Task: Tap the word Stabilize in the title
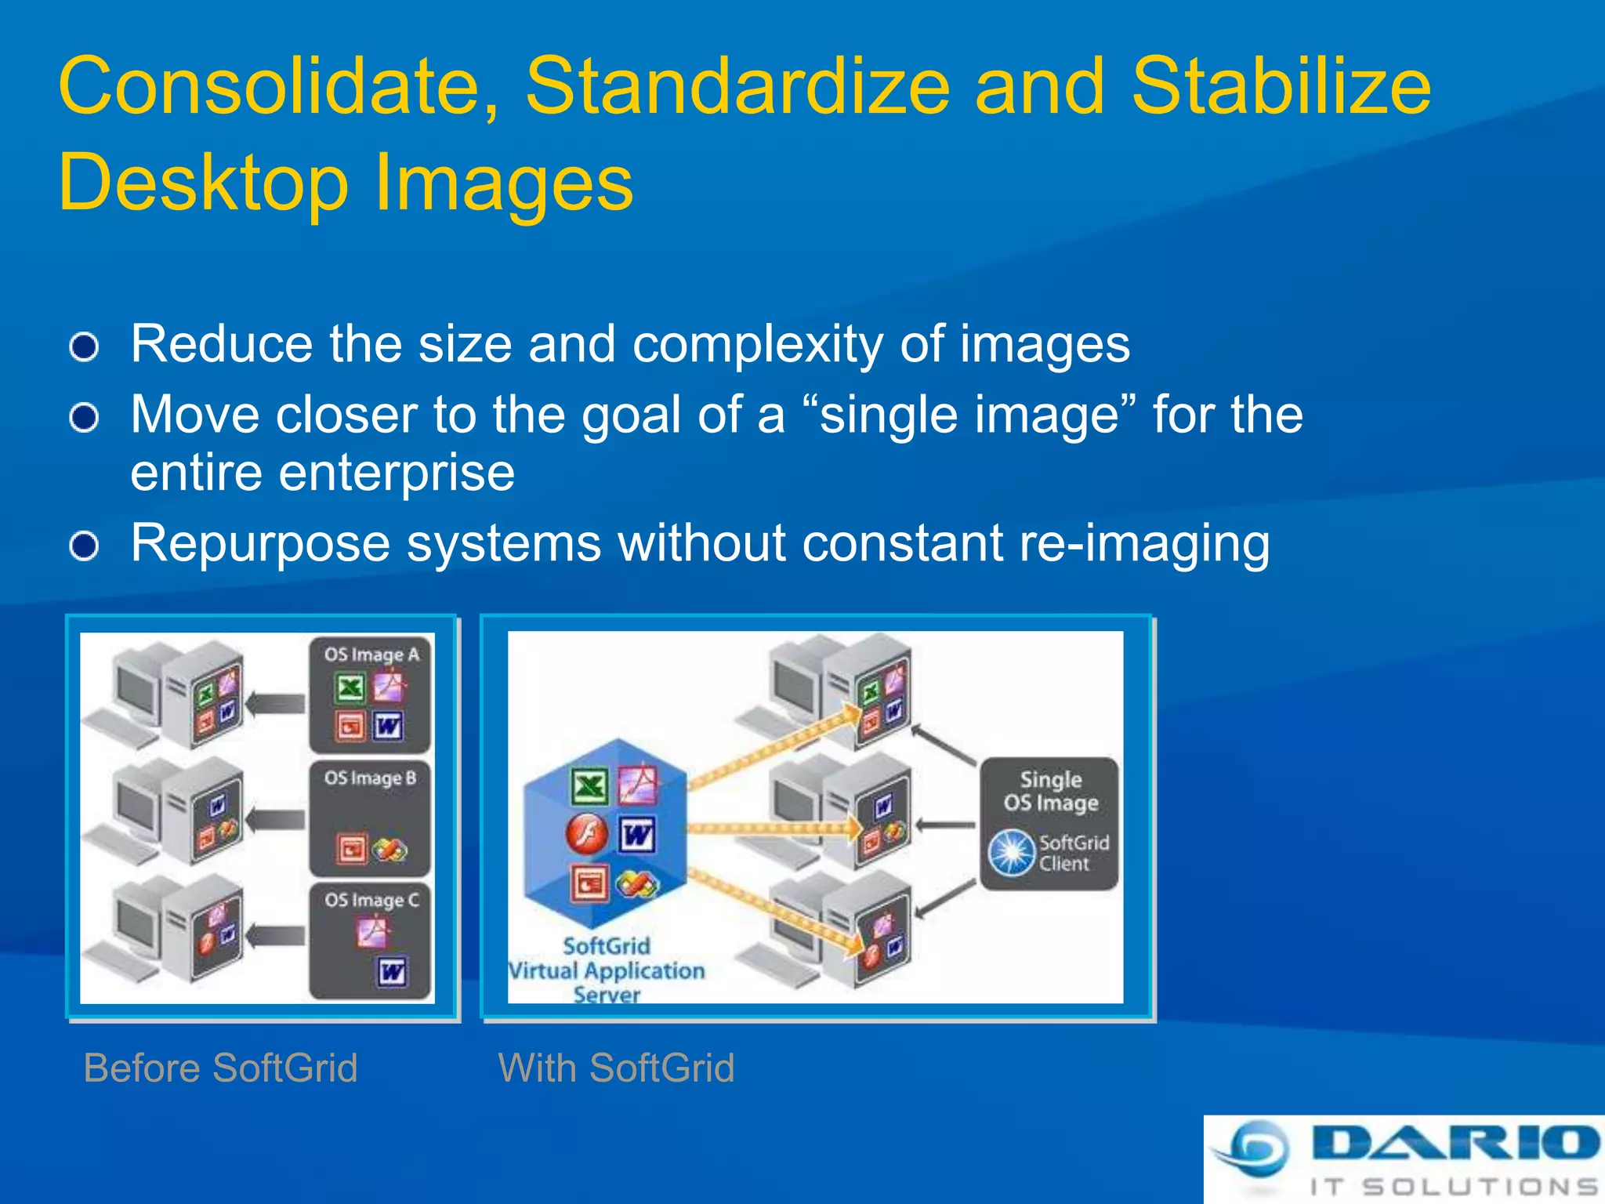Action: tap(1281, 86)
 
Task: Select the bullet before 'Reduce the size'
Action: tap(84, 346)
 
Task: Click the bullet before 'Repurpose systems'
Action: tap(84, 546)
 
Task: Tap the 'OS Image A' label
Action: tap(371, 655)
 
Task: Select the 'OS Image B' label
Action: tap(370, 778)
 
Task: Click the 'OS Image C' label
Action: tap(371, 900)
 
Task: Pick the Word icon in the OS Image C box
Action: tap(391, 972)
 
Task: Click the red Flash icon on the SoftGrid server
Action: tap(587, 833)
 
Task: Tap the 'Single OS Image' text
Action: tap(1050, 791)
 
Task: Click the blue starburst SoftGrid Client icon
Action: tap(1012, 853)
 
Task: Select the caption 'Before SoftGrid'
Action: tap(220, 1068)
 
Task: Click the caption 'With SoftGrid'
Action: tap(616, 1068)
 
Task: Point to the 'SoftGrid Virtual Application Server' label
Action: tap(607, 970)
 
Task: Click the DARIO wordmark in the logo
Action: tap(1454, 1142)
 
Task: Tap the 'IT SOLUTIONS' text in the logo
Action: tap(1454, 1187)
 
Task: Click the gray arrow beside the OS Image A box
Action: tap(276, 704)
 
